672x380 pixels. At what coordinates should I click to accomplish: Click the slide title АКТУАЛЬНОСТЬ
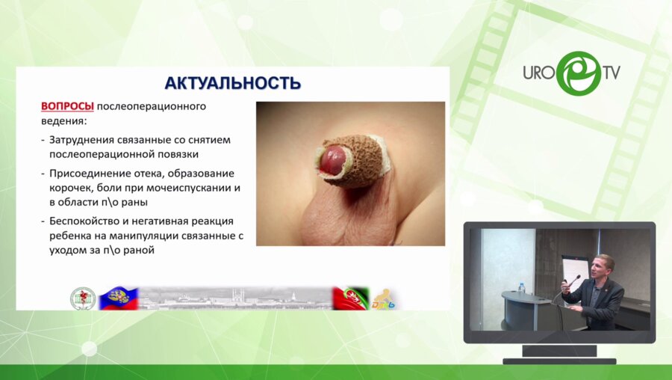click(x=232, y=82)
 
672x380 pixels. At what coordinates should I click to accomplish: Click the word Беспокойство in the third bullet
click(x=87, y=221)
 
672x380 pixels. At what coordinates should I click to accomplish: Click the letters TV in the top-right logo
click(x=610, y=73)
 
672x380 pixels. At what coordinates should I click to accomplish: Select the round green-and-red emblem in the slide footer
click(x=81, y=298)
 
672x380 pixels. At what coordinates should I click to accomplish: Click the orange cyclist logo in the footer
click(x=385, y=298)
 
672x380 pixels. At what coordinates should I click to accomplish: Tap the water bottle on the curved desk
click(x=520, y=288)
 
